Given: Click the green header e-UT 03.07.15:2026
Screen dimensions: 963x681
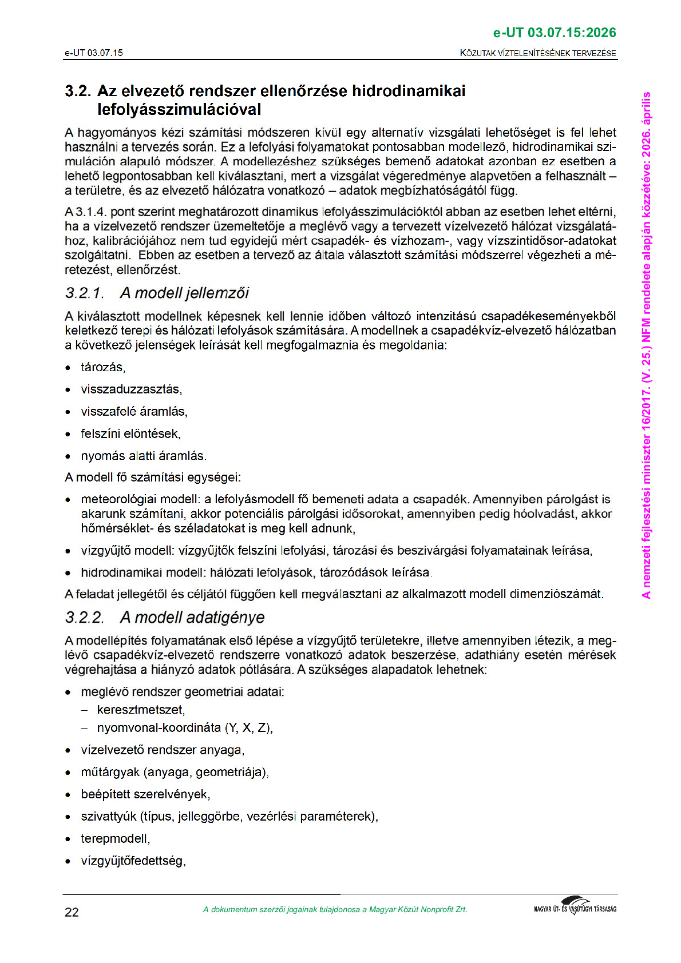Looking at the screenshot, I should pyautogui.click(x=554, y=33).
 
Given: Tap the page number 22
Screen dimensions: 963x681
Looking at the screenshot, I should pyautogui.click(x=72, y=912).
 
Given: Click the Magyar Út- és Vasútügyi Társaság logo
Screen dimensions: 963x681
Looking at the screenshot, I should pyautogui.click(x=575, y=906).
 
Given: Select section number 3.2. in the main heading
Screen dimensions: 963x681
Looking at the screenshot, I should pyautogui.click(x=78, y=91).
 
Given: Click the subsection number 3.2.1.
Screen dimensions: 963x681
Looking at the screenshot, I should pyautogui.click(x=84, y=293).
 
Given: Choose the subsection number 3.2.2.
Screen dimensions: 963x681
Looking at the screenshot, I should pyautogui.click(x=84, y=618).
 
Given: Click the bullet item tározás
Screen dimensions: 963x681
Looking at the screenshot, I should pyautogui.click(x=102, y=367).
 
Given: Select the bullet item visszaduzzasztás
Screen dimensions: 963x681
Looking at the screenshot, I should pyautogui.click(x=131, y=389).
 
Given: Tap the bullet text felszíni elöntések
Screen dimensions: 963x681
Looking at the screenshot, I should pyautogui.click(x=130, y=434).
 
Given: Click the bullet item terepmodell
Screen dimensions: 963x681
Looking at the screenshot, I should pyautogui.click(x=115, y=839).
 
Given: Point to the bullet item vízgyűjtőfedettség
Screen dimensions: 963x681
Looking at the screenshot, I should pyautogui.click(x=133, y=861).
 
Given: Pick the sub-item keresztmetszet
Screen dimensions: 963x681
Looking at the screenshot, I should pyautogui.click(x=140, y=710).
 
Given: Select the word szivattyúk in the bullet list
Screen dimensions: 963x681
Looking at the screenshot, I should pyautogui.click(x=109, y=817).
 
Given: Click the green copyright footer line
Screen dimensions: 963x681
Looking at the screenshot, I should pyautogui.click(x=335, y=910).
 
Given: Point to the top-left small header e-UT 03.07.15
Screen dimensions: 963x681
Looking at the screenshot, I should pyautogui.click(x=94, y=53).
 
